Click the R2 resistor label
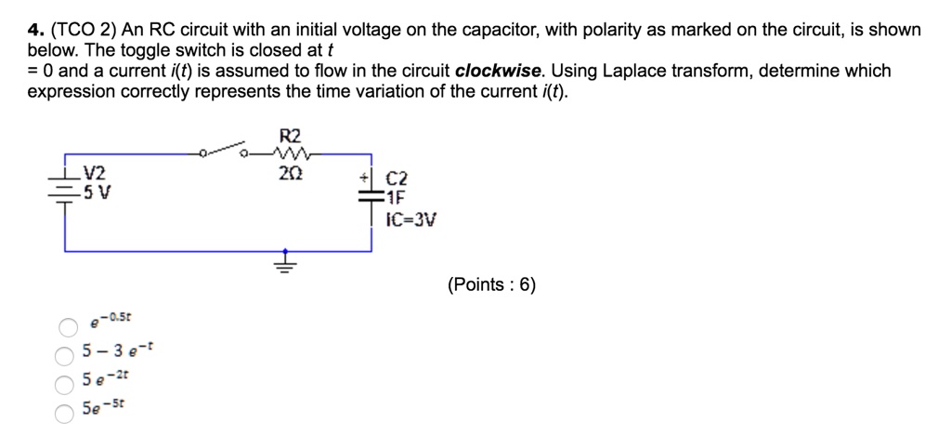click(290, 136)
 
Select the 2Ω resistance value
click(290, 174)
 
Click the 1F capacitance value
click(397, 198)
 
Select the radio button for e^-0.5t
click(68, 327)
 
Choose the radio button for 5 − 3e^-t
click(65, 355)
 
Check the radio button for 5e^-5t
click(65, 412)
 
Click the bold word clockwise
click(498, 72)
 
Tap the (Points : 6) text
click(491, 285)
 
